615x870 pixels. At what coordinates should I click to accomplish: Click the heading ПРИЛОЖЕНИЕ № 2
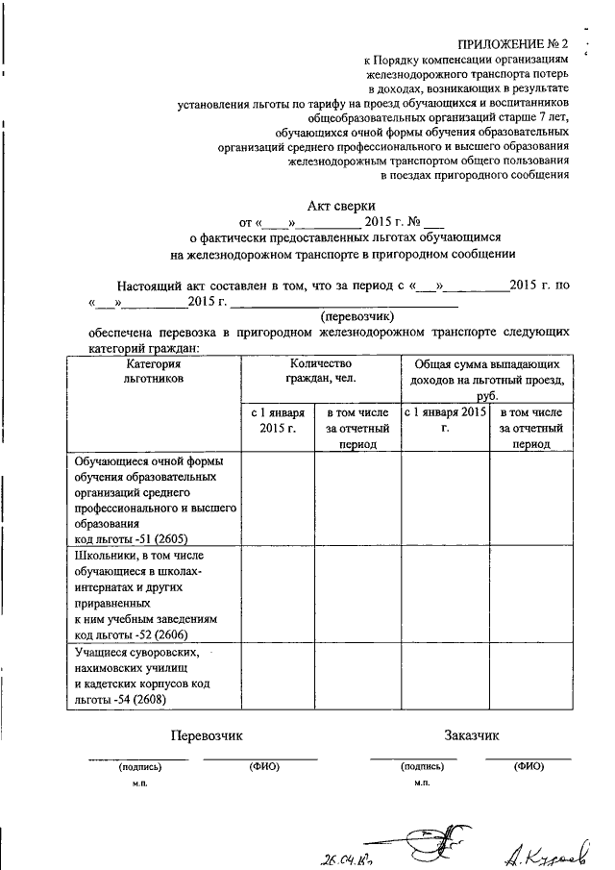pyautogui.click(x=513, y=44)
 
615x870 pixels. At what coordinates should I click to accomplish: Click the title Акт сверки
pyautogui.click(x=341, y=204)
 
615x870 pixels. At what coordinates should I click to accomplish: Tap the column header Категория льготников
pyautogui.click(x=153, y=372)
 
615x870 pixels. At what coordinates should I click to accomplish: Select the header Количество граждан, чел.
pyautogui.click(x=320, y=372)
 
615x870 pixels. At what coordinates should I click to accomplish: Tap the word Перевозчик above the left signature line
pyautogui.click(x=207, y=735)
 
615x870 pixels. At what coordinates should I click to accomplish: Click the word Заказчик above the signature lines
pyautogui.click(x=473, y=735)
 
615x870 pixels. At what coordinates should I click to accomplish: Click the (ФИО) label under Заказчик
pyautogui.click(x=529, y=767)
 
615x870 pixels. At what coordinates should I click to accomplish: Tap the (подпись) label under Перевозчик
pyautogui.click(x=140, y=767)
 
